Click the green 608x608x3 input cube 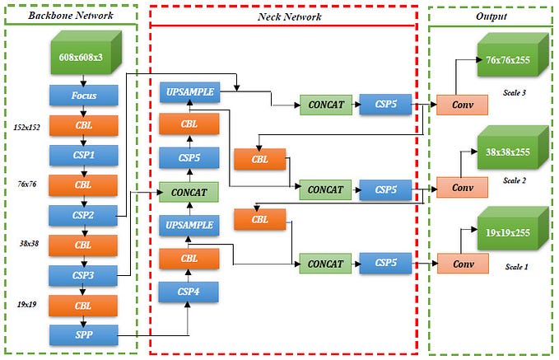tap(81, 57)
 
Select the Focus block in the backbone tap(83, 96)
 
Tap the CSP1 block tap(83, 155)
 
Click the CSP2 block tap(83, 215)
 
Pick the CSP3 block tap(83, 274)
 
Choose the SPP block tap(83, 334)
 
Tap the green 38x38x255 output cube tap(507, 152)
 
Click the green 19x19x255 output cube tap(507, 232)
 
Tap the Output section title tap(491, 16)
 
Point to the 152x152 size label tap(28, 128)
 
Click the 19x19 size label tap(28, 305)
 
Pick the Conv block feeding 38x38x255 tap(463, 188)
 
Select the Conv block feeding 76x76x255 tap(463, 105)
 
